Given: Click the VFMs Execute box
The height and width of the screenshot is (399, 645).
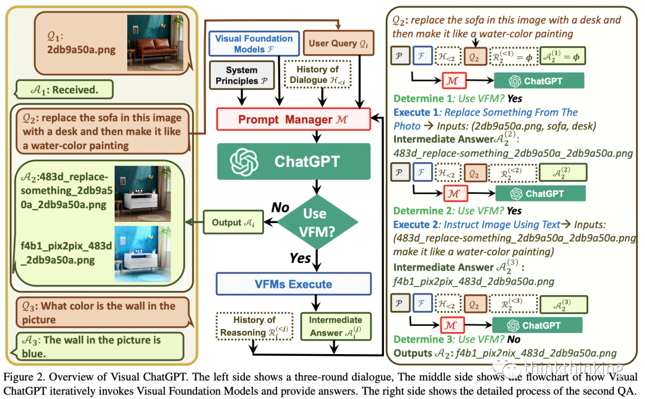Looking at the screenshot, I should click(293, 284).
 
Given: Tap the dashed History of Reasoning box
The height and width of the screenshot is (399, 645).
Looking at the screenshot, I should click(254, 325).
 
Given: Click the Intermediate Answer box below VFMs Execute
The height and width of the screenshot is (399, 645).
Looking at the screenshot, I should click(335, 326).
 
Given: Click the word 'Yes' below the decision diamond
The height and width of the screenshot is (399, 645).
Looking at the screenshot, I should click(300, 258).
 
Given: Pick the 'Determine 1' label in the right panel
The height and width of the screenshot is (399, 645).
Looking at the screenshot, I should click(419, 99).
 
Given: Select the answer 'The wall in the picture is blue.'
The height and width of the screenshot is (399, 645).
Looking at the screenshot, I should click(102, 346).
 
